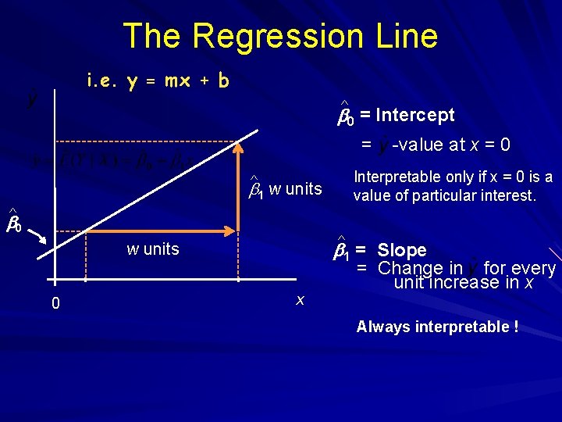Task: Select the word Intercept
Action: pyautogui.click(x=414, y=116)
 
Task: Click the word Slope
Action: pyautogui.click(x=401, y=251)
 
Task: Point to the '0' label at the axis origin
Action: pyautogui.click(x=55, y=303)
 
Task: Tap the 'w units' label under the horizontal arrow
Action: pyautogui.click(x=153, y=249)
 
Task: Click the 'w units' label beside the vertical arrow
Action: pyautogui.click(x=294, y=188)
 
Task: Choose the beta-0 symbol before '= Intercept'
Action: pyautogui.click(x=345, y=116)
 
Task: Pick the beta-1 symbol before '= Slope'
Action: pyautogui.click(x=341, y=251)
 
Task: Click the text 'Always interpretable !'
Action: pyautogui.click(x=437, y=327)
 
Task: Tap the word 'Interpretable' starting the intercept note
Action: pyautogui.click(x=391, y=177)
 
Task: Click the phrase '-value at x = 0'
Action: pyautogui.click(x=450, y=145)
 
